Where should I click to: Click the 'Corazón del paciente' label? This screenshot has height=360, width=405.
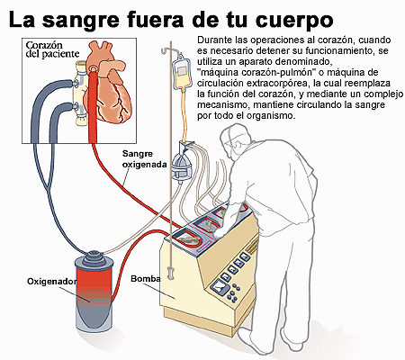52,49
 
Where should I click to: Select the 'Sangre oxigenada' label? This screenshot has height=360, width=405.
144,159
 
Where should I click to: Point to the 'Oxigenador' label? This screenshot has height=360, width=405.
51,282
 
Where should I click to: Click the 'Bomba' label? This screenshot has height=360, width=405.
146,279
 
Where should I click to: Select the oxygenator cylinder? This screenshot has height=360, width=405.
94,291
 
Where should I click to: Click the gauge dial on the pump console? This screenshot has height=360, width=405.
220,289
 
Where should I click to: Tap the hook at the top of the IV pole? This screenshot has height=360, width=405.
166,50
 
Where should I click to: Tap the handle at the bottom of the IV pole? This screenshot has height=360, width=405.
171,273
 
